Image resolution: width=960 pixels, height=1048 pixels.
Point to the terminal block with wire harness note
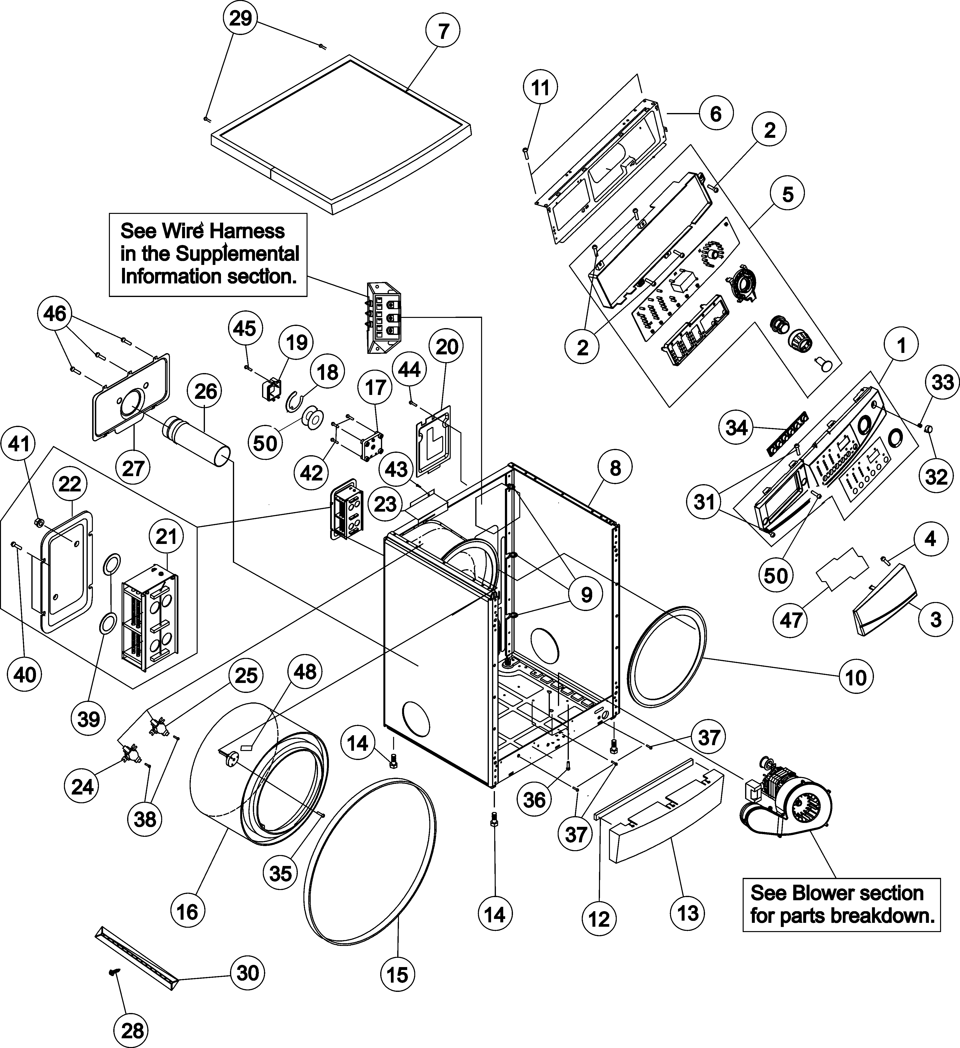[385, 318]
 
